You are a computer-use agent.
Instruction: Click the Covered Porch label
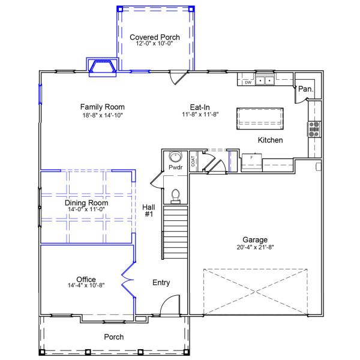point(155,37)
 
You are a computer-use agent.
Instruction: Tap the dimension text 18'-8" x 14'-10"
point(103,115)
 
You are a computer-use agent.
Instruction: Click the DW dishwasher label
point(248,82)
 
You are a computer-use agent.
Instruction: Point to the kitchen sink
point(265,80)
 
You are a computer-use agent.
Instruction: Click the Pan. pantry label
point(305,89)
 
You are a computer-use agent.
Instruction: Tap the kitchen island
point(260,118)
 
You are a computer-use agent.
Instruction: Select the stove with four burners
point(314,130)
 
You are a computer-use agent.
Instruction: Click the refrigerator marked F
point(251,162)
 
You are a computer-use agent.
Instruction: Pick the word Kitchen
point(270,140)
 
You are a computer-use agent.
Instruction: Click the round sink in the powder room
point(176,157)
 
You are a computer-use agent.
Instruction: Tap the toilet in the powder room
point(176,196)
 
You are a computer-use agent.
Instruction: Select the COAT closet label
point(193,161)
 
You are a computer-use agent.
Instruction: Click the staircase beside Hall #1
point(175,232)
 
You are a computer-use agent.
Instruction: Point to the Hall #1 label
point(149,211)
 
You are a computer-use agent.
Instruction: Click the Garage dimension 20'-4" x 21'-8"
point(255,247)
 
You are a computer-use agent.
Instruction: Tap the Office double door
point(128,280)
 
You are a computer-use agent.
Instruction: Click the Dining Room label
point(86,203)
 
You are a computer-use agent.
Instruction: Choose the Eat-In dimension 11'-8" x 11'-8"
point(200,115)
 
